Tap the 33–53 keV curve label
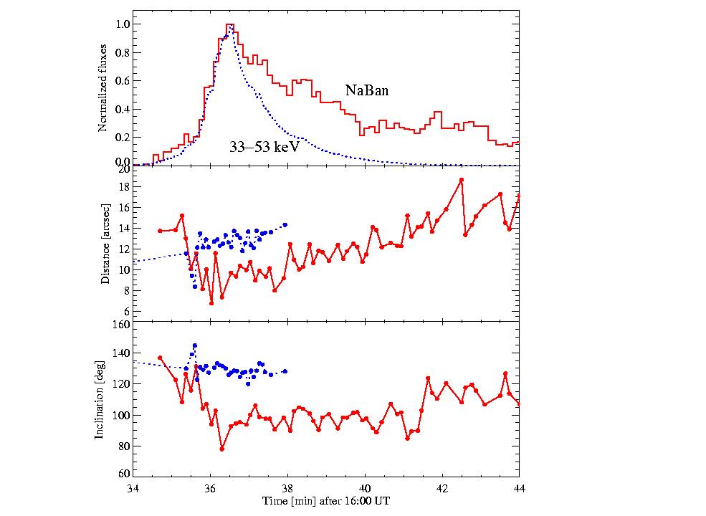[264, 148]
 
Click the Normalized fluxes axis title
[102, 87]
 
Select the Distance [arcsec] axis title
[105, 244]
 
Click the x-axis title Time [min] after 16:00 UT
[326, 501]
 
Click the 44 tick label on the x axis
[519, 489]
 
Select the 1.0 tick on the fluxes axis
[123, 24]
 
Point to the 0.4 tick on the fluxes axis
[123, 109]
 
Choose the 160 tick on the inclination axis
[120, 324]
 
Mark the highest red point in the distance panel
[462, 180]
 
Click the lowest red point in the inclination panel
[222, 449]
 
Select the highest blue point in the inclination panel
[194, 345]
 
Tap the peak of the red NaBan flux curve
[229, 25]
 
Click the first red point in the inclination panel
[160, 358]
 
